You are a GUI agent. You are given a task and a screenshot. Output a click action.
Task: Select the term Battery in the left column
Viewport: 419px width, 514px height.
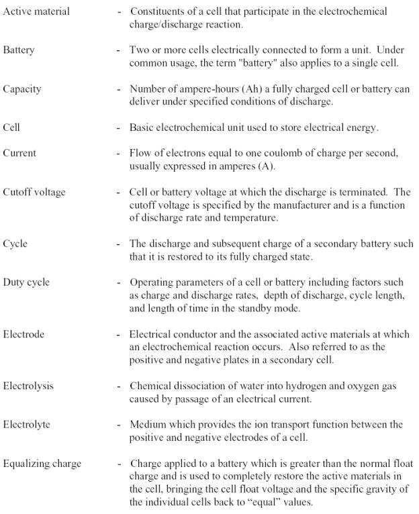tap(18, 50)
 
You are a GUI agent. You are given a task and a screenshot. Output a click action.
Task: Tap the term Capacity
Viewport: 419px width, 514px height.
tap(21, 89)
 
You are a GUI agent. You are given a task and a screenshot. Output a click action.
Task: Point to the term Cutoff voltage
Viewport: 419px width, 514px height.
tap(34, 192)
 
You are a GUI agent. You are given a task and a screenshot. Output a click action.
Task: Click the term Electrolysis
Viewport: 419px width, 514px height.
tap(28, 386)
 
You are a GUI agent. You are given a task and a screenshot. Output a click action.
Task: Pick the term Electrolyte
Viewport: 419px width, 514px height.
tap(27, 424)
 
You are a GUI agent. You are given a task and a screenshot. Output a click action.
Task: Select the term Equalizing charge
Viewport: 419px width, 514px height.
tap(42, 463)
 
